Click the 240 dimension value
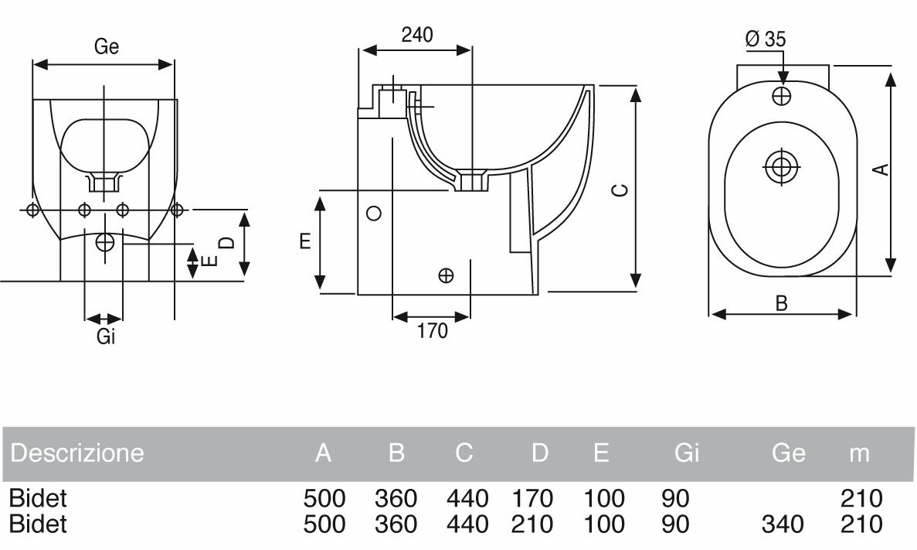pyautogui.click(x=417, y=35)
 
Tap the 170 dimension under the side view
pyautogui.click(x=433, y=331)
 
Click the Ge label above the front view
pyautogui.click(x=107, y=47)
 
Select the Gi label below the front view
pyautogui.click(x=106, y=336)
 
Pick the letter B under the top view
pyautogui.click(x=781, y=303)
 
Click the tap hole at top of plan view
pyautogui.click(x=783, y=96)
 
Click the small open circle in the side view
pyautogui.click(x=374, y=214)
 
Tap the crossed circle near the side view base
pyautogui.click(x=446, y=275)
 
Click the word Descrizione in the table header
pyautogui.click(x=77, y=453)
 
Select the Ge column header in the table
pyautogui.click(x=788, y=453)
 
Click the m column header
pyautogui.click(x=859, y=453)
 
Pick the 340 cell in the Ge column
pyautogui.click(x=782, y=524)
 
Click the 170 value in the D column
pyautogui.click(x=532, y=498)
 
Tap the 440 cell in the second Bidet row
pyautogui.click(x=467, y=524)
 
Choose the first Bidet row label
pyautogui.click(x=38, y=498)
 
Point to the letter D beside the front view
pyautogui.click(x=226, y=242)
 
